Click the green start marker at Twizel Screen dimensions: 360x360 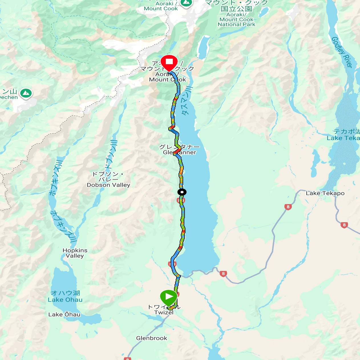(x=169, y=297)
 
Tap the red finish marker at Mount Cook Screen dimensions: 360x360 (x=169, y=62)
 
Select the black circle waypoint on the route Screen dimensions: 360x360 (x=182, y=192)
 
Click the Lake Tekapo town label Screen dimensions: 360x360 (x=325, y=193)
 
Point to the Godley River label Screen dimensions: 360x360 (x=342, y=52)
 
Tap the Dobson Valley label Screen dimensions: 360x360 (x=108, y=185)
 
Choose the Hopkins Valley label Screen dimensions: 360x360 (x=75, y=253)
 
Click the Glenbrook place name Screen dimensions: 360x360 (x=151, y=338)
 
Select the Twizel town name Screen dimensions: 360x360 (x=164, y=312)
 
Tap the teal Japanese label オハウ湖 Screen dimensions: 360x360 (x=65, y=293)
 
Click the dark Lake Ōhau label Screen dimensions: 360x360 (x=64, y=314)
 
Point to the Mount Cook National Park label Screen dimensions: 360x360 (x=236, y=19)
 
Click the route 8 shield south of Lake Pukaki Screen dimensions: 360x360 (x=223, y=274)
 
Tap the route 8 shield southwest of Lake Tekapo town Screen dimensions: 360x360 (x=288, y=207)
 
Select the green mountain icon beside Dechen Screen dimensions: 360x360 (x=26, y=93)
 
